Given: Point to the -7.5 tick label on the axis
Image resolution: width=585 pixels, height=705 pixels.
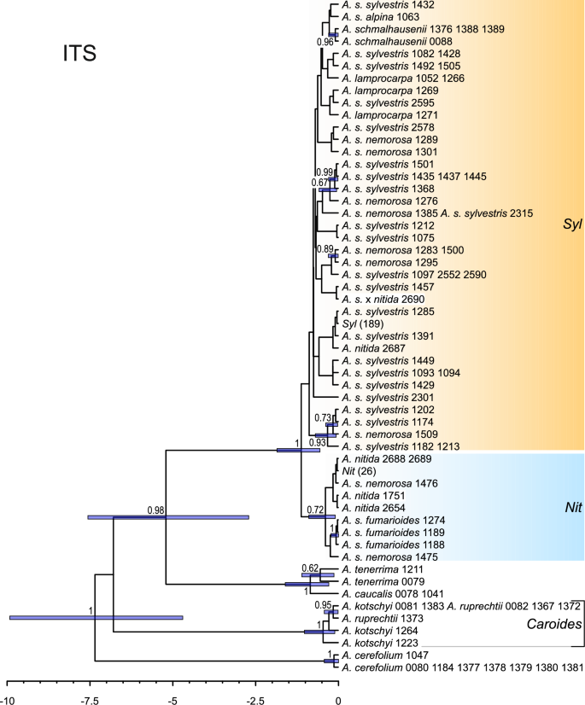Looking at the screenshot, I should pos(90,685).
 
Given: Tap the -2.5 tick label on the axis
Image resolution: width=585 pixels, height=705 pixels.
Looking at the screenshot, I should pos(255,685).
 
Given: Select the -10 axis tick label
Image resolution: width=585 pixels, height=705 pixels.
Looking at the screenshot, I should pos(8,685).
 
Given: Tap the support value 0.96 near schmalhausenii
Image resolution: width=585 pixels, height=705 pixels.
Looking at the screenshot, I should pos(325,42).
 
